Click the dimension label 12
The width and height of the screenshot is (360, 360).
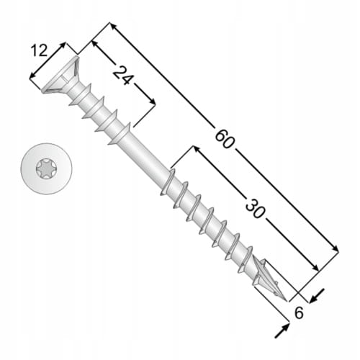click(39, 51)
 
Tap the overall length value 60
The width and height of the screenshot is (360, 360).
click(225, 139)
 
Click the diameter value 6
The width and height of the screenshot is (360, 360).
click(299, 312)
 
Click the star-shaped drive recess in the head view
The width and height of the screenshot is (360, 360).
click(47, 168)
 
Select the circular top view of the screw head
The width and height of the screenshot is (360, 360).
click(47, 168)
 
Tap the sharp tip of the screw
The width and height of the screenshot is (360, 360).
click(287, 301)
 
